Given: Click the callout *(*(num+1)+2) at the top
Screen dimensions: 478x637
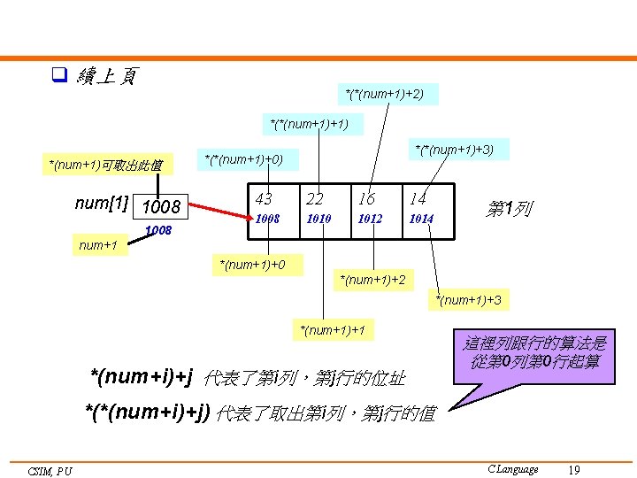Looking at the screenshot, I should (384, 93).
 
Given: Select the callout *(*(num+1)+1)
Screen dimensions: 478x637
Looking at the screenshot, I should (309, 123).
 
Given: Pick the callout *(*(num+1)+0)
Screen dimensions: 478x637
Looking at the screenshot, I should (243, 159).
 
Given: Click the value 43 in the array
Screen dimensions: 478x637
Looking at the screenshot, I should (264, 200).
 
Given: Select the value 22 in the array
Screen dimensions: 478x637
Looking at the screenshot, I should (315, 200).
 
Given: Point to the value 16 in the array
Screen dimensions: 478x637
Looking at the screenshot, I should (367, 200).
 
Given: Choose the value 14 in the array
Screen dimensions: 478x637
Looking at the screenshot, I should (418, 200).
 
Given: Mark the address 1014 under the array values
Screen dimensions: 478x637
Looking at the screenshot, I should (420, 219).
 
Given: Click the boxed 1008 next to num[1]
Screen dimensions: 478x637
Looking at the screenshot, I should (160, 207).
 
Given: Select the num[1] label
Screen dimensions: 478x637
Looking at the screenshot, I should (102, 204).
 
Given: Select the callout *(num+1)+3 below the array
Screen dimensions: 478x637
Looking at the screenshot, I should (468, 300).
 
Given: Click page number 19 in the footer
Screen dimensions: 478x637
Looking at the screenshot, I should (574, 469).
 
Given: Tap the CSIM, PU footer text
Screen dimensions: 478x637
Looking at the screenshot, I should (50, 471).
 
